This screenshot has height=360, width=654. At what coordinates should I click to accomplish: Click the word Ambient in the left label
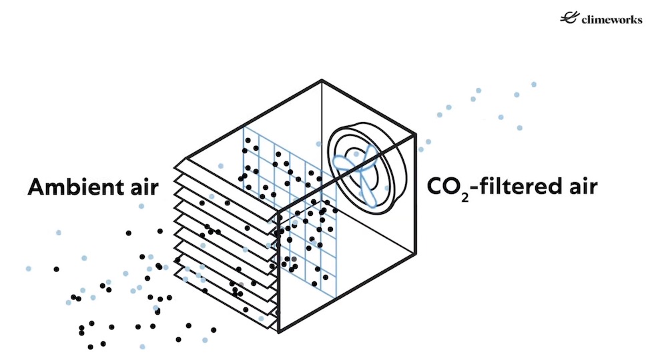click(70, 187)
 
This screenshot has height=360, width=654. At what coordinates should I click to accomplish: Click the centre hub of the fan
click(363, 169)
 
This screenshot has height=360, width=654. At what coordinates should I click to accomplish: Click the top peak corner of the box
click(322, 81)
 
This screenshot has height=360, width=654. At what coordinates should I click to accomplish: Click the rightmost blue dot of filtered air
click(534, 84)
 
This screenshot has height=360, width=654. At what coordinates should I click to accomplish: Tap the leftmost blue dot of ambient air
click(28, 269)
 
